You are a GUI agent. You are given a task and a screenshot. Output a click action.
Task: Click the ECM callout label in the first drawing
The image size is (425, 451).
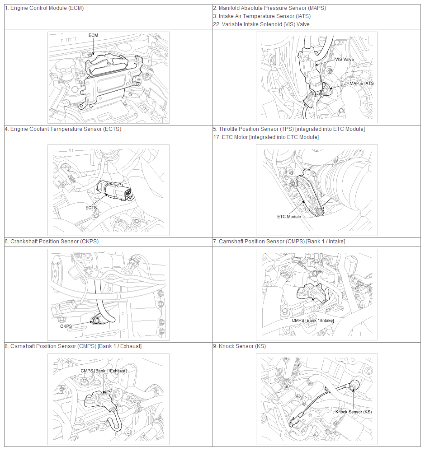click(93, 35)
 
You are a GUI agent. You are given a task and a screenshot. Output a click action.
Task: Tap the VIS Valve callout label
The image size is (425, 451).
click(345, 60)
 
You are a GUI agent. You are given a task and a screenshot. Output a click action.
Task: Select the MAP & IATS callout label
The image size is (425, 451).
click(362, 84)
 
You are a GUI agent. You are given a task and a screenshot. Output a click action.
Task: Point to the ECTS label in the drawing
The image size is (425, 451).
click(91, 208)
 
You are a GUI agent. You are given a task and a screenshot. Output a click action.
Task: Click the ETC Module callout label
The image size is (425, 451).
click(289, 217)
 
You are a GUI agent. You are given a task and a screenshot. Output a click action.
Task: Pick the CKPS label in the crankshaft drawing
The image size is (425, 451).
click(66, 326)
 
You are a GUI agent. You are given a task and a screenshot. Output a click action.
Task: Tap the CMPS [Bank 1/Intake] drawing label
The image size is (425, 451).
click(312, 321)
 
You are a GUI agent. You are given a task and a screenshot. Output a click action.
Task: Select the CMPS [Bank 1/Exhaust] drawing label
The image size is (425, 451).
click(104, 371)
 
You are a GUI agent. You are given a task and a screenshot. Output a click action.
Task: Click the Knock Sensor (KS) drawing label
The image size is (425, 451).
click(354, 412)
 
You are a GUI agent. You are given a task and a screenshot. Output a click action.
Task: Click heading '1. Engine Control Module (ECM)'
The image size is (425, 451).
click(44, 8)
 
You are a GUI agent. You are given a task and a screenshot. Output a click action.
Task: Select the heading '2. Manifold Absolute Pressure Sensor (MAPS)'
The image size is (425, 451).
click(269, 8)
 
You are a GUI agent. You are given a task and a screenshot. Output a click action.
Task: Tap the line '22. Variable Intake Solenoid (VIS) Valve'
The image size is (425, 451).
click(261, 24)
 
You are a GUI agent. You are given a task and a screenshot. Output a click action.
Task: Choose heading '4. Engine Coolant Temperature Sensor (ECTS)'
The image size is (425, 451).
click(63, 129)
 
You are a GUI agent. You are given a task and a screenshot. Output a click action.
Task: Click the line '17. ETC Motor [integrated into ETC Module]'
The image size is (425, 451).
click(266, 137)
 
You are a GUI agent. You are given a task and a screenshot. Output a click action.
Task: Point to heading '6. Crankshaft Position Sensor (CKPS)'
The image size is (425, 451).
click(52, 242)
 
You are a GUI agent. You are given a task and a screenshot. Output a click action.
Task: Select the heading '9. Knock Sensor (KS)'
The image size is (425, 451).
click(240, 346)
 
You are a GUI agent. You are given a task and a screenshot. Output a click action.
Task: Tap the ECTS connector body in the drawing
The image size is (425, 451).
click(114, 190)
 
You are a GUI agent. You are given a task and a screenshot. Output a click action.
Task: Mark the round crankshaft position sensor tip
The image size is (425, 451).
click(96, 320)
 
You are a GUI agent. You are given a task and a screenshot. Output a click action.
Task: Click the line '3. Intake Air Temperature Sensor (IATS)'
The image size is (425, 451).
click(262, 16)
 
